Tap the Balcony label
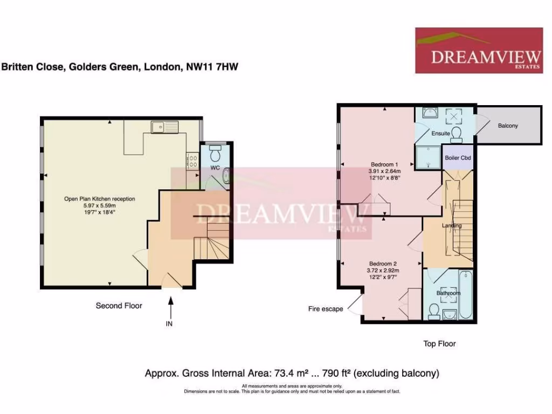508,126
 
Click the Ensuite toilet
457,133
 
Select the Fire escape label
326,309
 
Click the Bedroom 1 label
384,164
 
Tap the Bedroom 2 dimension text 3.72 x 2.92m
384,271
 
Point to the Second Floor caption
119,306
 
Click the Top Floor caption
439,343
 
